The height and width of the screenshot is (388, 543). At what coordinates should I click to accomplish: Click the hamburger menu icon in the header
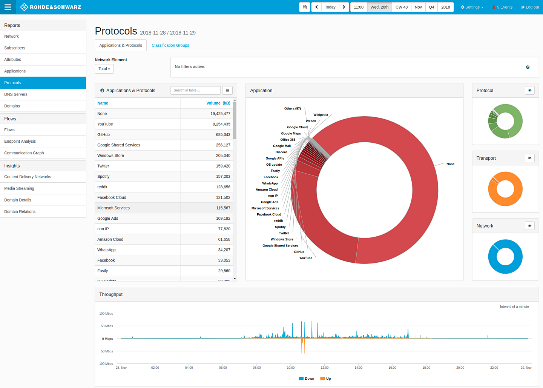point(8,7)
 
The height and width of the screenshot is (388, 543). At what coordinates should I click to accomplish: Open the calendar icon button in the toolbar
point(305,7)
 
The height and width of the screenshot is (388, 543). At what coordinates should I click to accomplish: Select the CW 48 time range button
point(401,7)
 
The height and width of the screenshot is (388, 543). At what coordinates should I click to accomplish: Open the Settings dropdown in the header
point(472,7)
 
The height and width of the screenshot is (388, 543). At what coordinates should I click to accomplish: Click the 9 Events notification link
point(502,7)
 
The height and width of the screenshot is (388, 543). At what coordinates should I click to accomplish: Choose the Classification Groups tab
point(170,45)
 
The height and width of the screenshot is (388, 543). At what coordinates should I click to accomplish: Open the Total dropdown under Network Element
point(104,69)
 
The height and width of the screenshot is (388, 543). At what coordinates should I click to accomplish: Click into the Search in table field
point(195,91)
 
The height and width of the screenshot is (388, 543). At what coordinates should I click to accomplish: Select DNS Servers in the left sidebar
point(16,94)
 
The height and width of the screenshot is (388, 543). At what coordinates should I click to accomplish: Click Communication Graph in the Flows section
point(24,153)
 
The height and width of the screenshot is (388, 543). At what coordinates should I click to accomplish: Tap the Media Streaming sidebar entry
point(19,188)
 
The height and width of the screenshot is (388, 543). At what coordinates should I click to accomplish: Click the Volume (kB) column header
point(218,103)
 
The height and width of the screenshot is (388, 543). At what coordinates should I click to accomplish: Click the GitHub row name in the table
point(104,135)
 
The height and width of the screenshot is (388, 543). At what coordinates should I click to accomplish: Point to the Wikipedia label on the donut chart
point(321,115)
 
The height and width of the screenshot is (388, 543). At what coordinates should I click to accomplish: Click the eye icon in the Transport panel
point(529,158)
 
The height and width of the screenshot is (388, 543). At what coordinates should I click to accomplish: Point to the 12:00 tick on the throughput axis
point(325,368)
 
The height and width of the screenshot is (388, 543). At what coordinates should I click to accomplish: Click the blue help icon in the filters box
point(528,67)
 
